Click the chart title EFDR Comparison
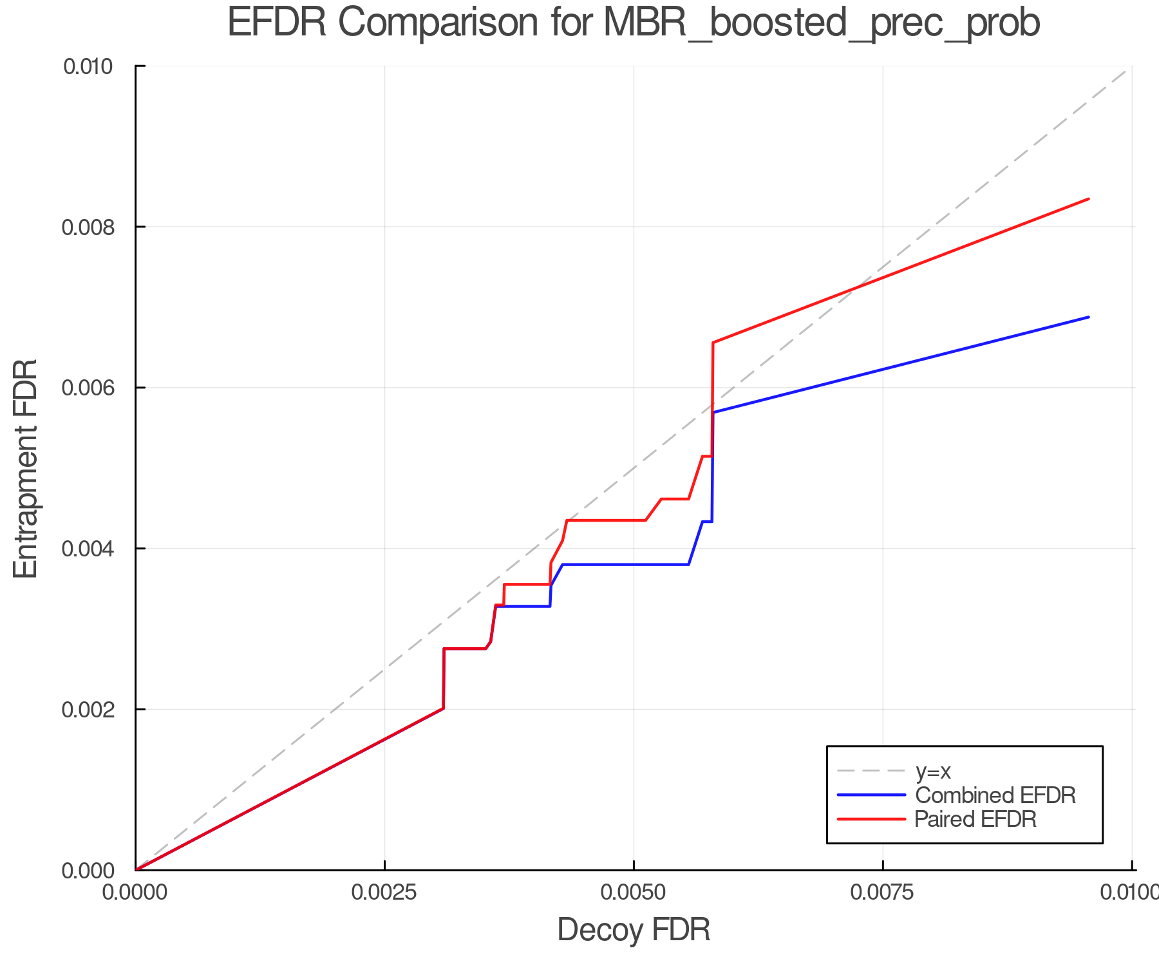point(634,23)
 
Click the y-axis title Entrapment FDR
point(26,468)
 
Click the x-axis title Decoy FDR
point(634,929)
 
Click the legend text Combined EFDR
point(995,795)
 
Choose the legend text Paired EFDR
point(975,819)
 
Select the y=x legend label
point(933,771)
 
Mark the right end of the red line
point(1088,199)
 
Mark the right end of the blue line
point(1088,317)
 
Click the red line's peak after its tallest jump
point(713,343)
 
